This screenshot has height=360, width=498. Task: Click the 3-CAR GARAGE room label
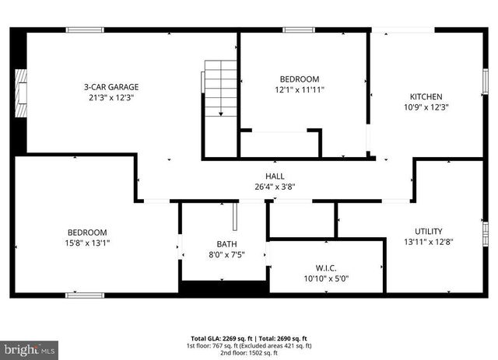pos(111,87)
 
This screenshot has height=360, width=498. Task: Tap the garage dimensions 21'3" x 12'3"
pos(111,97)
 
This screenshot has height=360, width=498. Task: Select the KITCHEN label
pos(426,97)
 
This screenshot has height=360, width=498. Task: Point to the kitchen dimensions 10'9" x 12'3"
pos(426,107)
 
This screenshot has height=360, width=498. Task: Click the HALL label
pos(275,176)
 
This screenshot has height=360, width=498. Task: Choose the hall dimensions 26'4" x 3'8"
pos(275,186)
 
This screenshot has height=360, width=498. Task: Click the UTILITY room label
pos(429,232)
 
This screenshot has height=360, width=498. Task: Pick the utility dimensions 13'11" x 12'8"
pos(429,242)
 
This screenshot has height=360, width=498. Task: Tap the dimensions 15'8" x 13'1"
pos(87,243)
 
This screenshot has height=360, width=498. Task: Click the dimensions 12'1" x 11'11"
pos(300,89)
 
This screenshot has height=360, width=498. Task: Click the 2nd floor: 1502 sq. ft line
pos(249,353)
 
